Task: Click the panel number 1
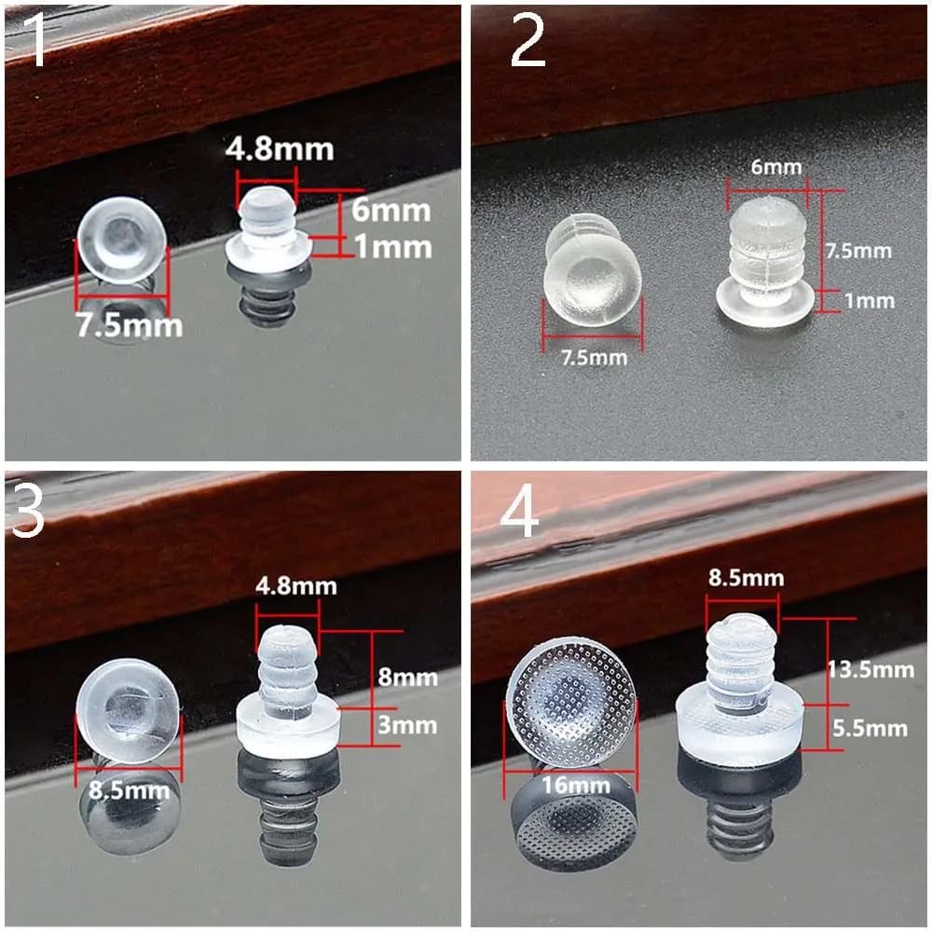[x=36, y=39]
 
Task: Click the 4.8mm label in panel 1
[x=280, y=149]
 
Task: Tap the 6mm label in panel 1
[x=391, y=211]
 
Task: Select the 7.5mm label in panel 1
[x=129, y=325]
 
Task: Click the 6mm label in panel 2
[x=776, y=167]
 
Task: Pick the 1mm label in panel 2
[x=870, y=301]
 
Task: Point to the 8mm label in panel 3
[x=408, y=677]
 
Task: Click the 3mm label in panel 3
[x=408, y=725]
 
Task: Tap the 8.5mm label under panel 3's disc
[x=129, y=790]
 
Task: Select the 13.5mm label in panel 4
[x=870, y=670]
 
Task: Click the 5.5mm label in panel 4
[x=870, y=729]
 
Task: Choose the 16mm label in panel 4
[x=576, y=785]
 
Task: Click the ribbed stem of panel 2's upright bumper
[x=767, y=250]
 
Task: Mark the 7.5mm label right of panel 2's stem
[x=858, y=251]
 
